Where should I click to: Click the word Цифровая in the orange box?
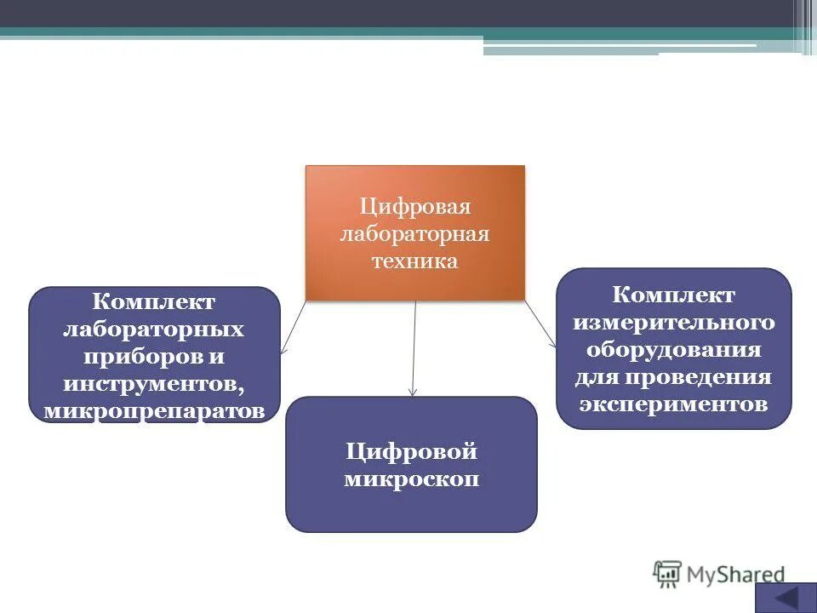(x=414, y=207)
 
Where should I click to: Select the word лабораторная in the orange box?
(x=414, y=234)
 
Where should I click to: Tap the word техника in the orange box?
(x=414, y=261)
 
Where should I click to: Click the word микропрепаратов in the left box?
(x=154, y=411)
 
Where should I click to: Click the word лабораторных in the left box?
(x=154, y=329)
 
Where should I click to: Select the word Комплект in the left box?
(x=154, y=301)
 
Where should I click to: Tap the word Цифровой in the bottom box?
(x=412, y=451)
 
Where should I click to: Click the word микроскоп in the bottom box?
(x=412, y=479)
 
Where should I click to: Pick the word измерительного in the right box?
(x=674, y=322)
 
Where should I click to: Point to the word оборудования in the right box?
(x=674, y=349)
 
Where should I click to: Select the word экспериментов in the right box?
(x=674, y=403)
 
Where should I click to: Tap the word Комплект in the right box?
(x=674, y=295)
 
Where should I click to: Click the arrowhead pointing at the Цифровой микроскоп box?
(x=413, y=392)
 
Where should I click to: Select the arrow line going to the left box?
(x=294, y=325)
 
